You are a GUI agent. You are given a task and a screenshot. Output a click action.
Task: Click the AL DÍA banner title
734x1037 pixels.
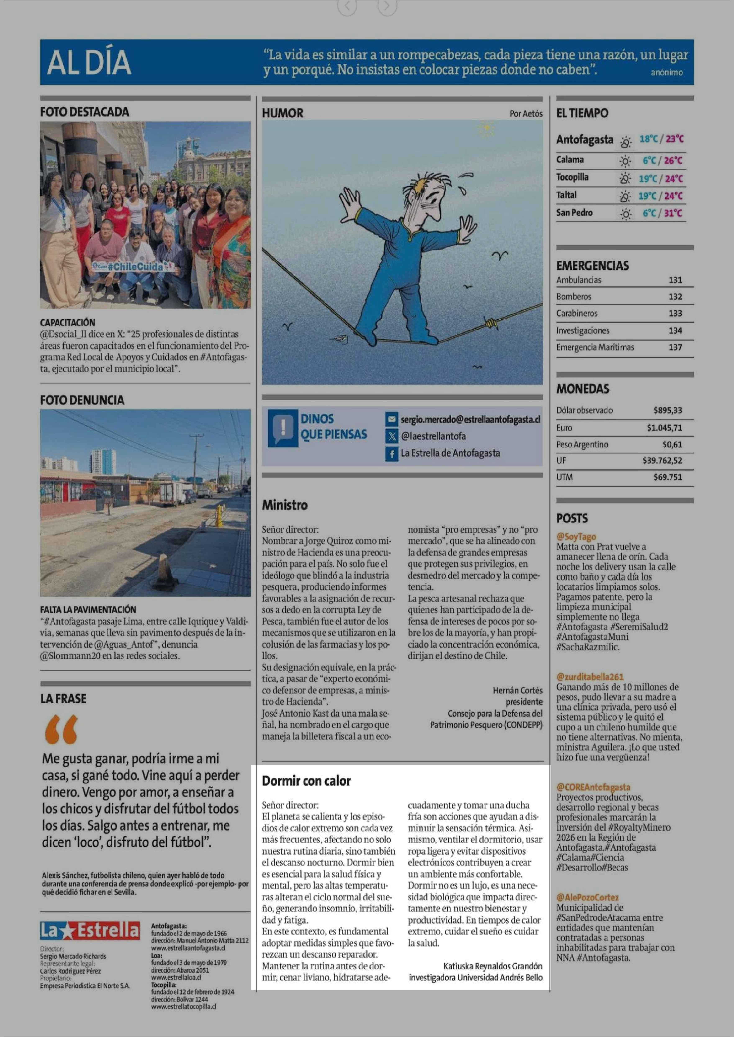point(89,62)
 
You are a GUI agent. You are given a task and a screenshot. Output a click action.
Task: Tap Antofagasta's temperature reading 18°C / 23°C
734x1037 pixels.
point(661,139)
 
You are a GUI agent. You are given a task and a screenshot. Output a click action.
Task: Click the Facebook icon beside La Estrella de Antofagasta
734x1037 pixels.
point(391,453)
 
